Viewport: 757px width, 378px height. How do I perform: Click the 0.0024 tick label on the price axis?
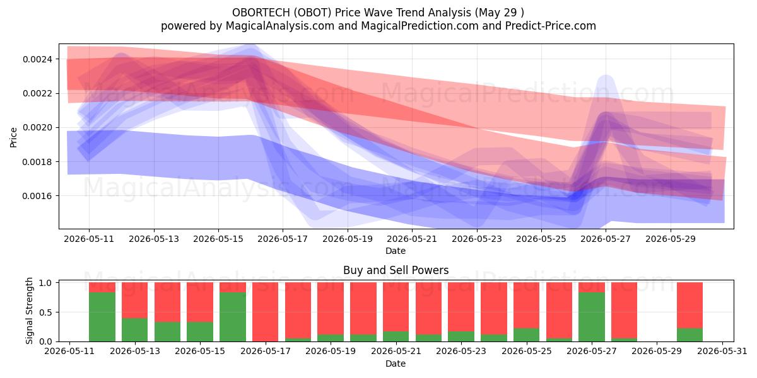pos(37,59)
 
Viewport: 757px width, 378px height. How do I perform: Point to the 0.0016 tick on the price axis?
pos(37,196)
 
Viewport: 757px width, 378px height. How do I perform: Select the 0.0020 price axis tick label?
pos(37,127)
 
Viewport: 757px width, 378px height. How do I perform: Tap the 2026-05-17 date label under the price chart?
pos(283,239)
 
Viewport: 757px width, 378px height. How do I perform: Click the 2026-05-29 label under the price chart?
pos(671,239)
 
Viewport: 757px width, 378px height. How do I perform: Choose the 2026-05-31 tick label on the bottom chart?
pos(722,352)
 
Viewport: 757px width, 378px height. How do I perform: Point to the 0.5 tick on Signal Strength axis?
pos(45,312)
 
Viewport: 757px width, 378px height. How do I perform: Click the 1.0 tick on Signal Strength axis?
pos(45,283)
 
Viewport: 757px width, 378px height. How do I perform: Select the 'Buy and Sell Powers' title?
pos(396,270)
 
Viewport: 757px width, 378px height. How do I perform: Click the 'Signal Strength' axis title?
pos(30,311)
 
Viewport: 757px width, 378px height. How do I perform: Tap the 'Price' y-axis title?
pos(13,137)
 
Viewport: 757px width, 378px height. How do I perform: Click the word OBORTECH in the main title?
pos(261,13)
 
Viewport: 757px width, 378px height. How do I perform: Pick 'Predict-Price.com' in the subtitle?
pos(551,26)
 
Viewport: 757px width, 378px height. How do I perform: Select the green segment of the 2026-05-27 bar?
pos(592,317)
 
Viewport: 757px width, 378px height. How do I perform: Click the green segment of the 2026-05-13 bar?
pos(135,329)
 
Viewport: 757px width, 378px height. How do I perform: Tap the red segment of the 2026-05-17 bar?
pos(266,312)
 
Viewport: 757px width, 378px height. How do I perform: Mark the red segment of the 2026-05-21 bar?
pos(396,307)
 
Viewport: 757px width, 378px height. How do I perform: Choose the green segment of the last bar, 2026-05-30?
pos(690,335)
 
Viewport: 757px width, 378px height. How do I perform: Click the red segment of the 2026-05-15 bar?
pos(200,302)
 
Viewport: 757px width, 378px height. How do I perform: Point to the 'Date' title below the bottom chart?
pos(396,364)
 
